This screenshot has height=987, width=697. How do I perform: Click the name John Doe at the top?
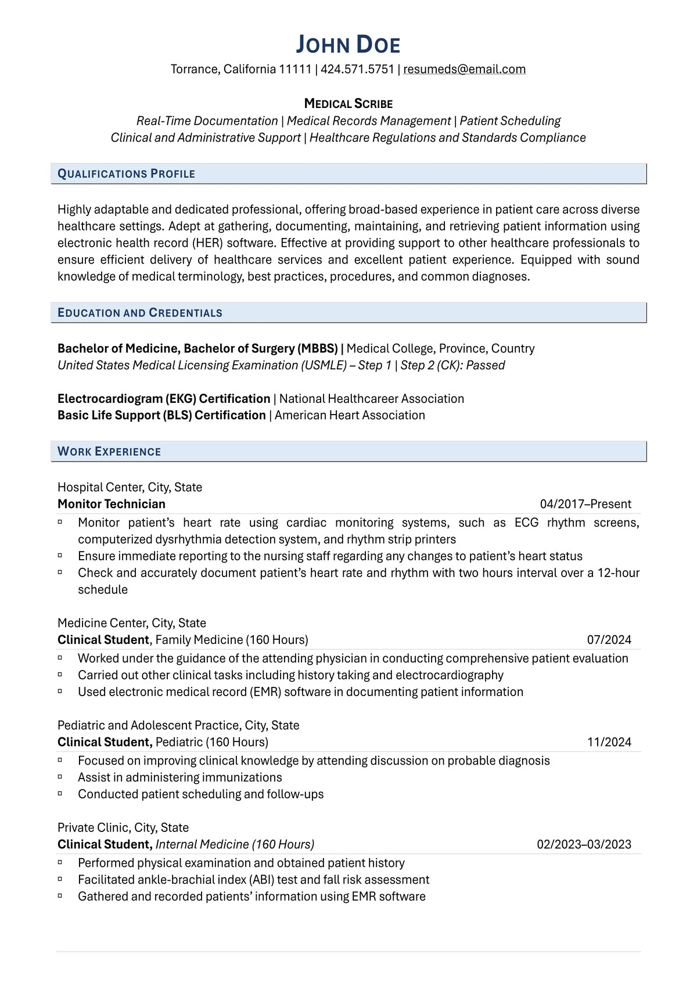(348, 45)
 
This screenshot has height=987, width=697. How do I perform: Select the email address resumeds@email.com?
(464, 69)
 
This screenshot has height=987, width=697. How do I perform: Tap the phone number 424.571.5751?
(357, 69)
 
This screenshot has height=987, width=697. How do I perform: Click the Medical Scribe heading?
(348, 104)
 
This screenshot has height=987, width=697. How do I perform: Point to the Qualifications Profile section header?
(126, 174)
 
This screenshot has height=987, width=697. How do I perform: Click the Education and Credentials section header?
(139, 312)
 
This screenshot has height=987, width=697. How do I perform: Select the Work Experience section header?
(109, 451)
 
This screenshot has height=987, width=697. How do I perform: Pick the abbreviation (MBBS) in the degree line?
(318, 348)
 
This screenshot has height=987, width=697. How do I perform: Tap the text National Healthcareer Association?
(371, 398)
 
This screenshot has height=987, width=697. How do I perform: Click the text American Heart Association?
(350, 415)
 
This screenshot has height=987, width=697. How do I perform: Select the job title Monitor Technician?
(112, 504)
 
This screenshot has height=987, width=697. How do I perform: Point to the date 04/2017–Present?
(585, 504)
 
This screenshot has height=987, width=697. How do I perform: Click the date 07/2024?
(609, 640)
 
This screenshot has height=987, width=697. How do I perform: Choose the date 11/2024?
(609, 742)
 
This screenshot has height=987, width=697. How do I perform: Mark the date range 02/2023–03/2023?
(584, 844)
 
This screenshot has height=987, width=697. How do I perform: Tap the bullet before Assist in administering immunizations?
(60, 777)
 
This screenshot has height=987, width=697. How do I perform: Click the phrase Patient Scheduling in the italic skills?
(510, 121)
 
